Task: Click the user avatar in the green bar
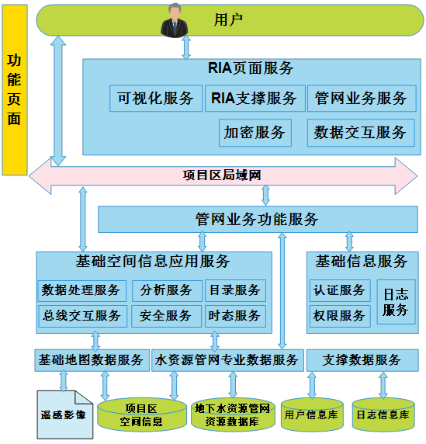click(x=175, y=20)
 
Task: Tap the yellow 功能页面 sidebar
click(x=15, y=90)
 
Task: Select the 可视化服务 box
click(x=156, y=99)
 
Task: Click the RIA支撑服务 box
click(x=255, y=99)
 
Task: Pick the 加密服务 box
click(x=255, y=133)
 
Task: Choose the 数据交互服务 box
click(x=361, y=133)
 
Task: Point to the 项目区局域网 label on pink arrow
click(x=222, y=175)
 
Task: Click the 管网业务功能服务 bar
click(x=258, y=220)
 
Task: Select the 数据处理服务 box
click(x=82, y=291)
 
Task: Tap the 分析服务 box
click(x=167, y=291)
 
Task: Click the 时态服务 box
click(x=236, y=316)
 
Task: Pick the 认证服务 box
click(x=340, y=291)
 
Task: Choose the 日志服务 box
click(x=396, y=302)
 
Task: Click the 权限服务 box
click(x=340, y=316)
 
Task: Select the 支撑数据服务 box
click(x=362, y=360)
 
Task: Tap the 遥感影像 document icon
click(x=65, y=415)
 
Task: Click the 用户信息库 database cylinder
click(x=312, y=415)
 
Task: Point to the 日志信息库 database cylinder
click(x=383, y=415)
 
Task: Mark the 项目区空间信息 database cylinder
click(x=142, y=415)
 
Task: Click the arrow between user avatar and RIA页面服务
click(x=186, y=47)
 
